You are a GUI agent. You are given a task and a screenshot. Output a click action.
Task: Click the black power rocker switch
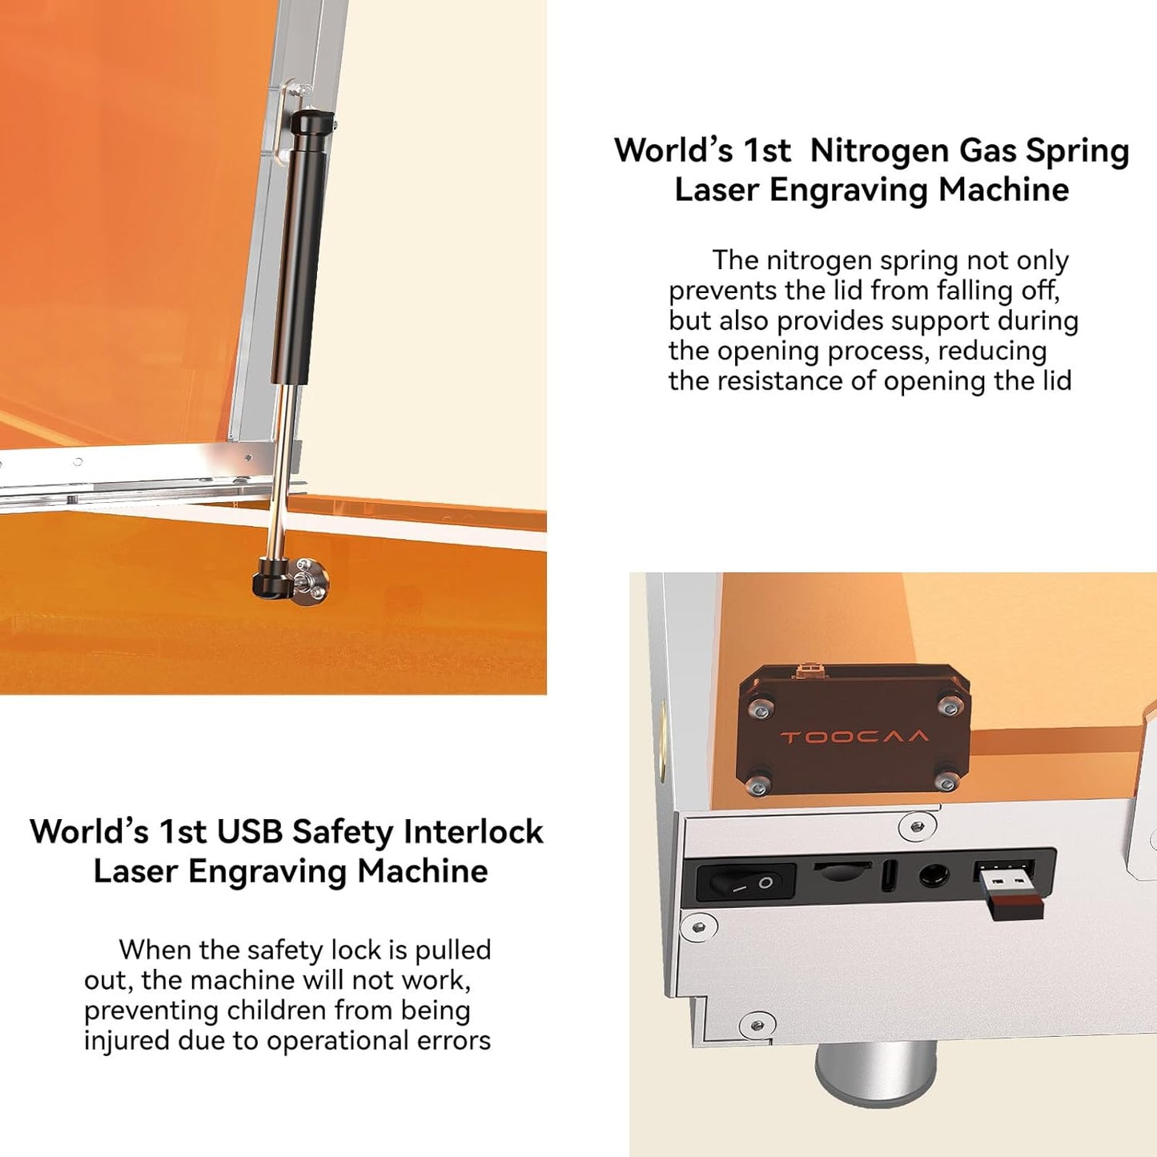click(745, 882)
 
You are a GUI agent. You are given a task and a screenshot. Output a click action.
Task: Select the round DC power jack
click(933, 875)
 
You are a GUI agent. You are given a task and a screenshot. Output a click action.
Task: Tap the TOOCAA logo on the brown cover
click(854, 737)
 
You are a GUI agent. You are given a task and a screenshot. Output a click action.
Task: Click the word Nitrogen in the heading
click(879, 151)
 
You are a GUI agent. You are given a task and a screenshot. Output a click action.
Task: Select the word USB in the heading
click(250, 832)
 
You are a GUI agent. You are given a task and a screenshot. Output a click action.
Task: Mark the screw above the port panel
click(918, 826)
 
